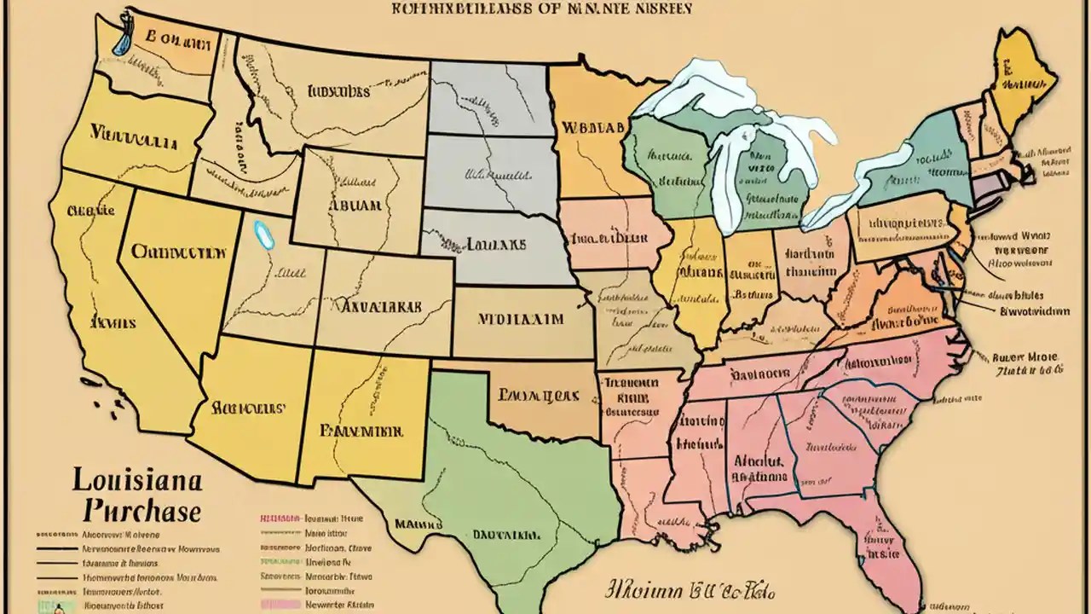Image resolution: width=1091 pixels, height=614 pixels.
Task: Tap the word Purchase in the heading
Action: tap(143, 511)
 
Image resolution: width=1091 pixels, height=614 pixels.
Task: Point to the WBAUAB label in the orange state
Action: tap(588, 127)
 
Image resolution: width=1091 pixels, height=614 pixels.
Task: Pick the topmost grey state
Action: tap(488, 98)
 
